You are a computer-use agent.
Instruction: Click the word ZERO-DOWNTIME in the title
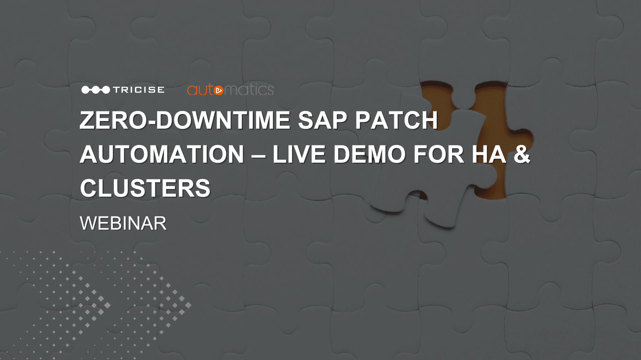tap(185, 120)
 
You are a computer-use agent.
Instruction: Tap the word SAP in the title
tap(322, 120)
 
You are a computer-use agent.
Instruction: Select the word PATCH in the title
tap(396, 120)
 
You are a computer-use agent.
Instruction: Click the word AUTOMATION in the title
tap(162, 154)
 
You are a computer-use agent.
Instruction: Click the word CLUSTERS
tap(145, 188)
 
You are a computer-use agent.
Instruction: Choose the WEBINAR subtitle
tap(123, 223)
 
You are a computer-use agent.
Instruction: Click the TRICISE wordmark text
tap(139, 90)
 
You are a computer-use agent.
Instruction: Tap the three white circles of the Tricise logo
tap(95, 90)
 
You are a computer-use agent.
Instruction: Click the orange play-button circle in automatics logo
tap(218, 90)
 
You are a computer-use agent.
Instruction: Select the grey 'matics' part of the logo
tap(249, 90)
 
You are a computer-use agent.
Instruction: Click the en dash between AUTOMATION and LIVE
tap(258, 155)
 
